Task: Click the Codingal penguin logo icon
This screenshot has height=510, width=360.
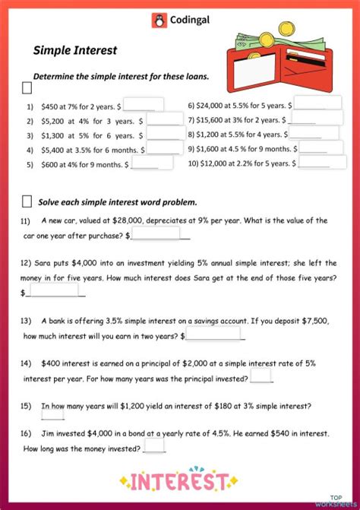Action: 159,21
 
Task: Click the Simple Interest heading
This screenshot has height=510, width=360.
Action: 74,50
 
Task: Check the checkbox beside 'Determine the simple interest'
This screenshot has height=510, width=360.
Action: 27,89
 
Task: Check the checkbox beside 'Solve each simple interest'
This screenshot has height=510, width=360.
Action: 27,201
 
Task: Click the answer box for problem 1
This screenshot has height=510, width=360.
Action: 144,106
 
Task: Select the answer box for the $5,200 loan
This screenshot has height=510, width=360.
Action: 164,119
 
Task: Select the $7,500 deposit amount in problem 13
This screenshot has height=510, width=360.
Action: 311,321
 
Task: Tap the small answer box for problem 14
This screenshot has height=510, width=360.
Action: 261,375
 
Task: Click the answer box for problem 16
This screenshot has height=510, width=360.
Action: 154,447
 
